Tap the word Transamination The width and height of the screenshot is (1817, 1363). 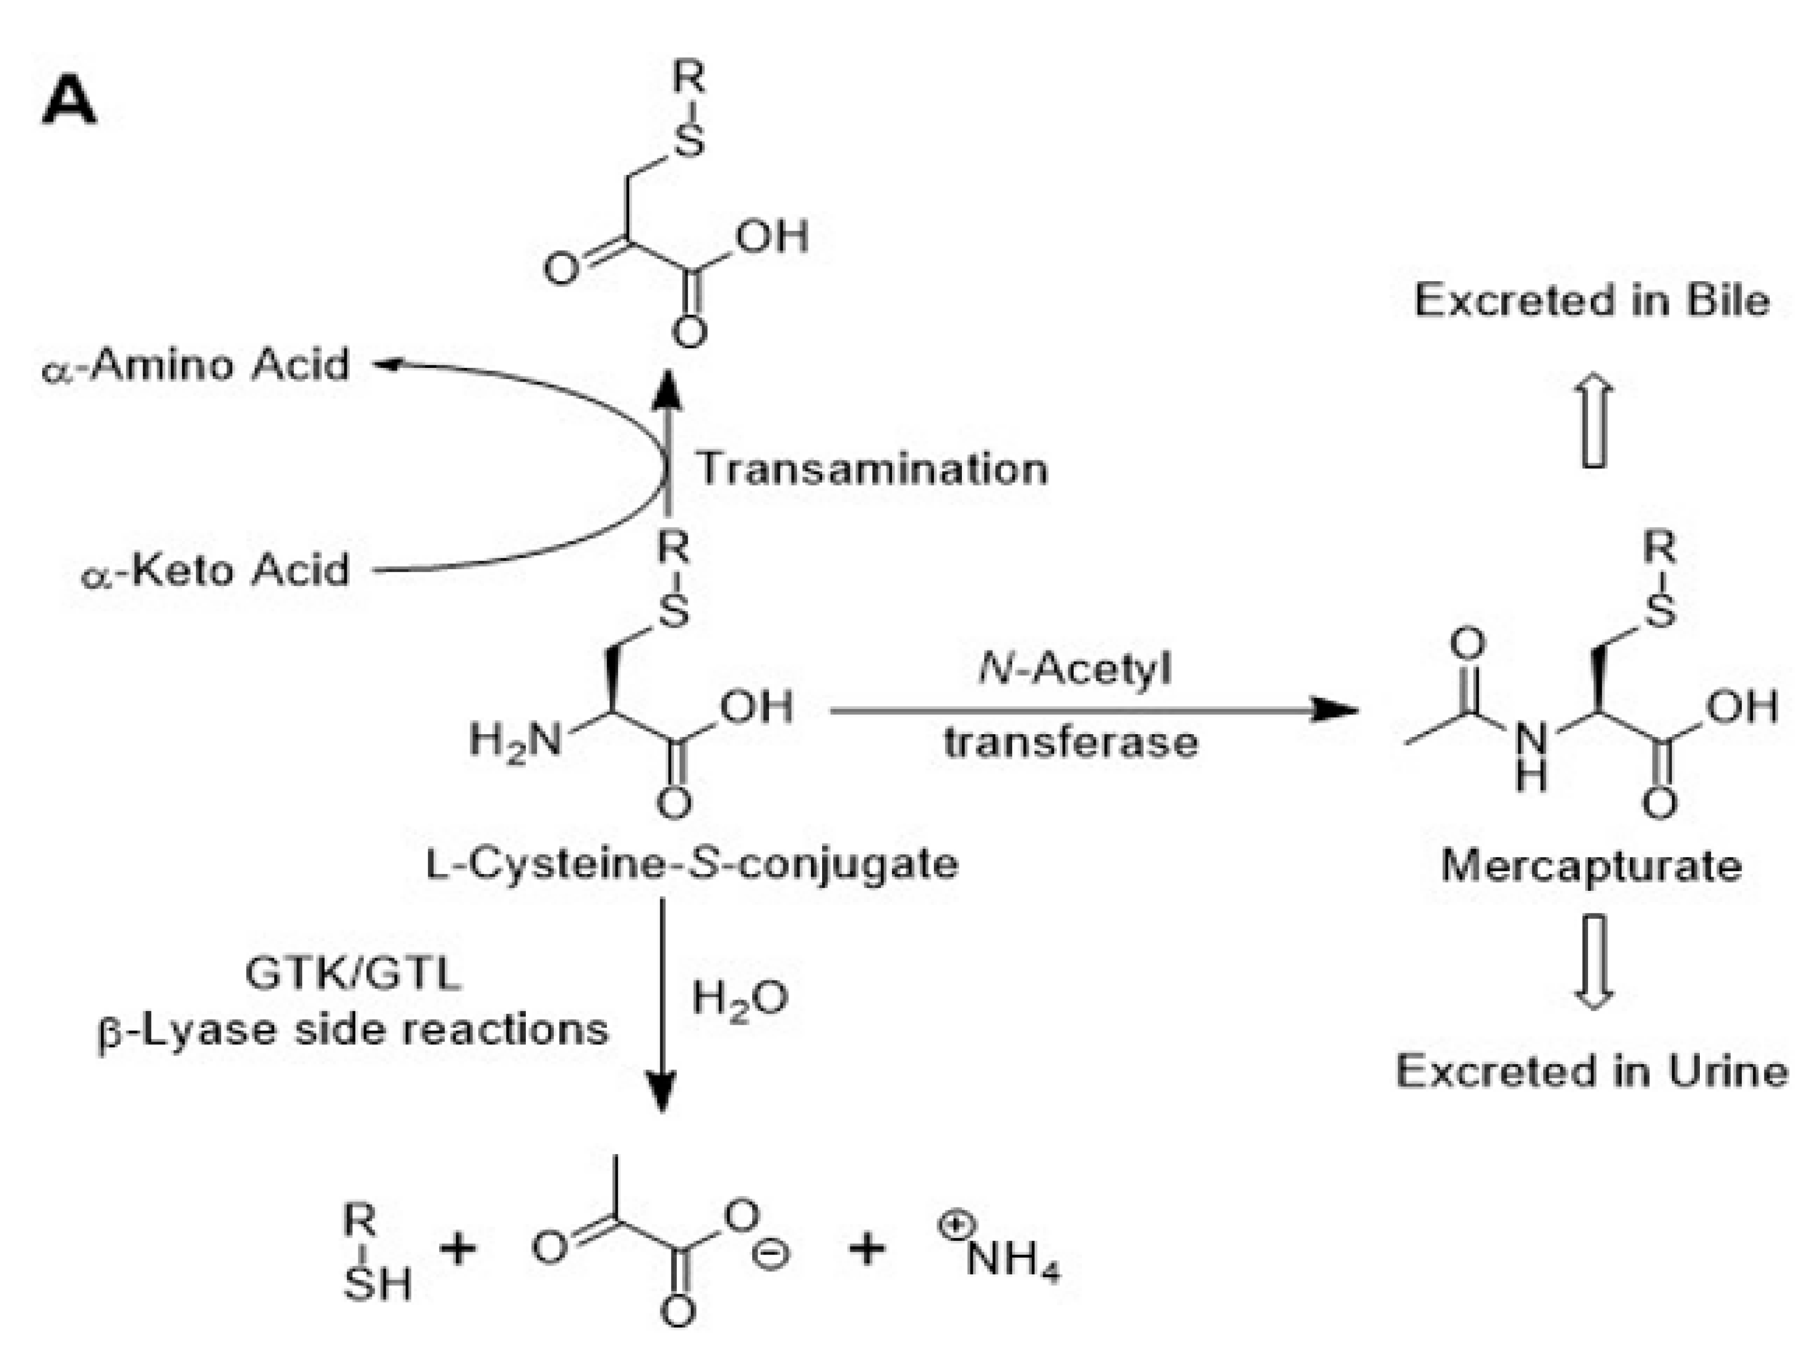872,470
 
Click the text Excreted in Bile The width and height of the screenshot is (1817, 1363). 1592,301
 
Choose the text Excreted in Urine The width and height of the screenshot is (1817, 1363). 1592,1071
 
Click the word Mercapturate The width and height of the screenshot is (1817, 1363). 1592,866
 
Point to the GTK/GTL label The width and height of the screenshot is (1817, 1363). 353,974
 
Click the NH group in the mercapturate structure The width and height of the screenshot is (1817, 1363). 1530,754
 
